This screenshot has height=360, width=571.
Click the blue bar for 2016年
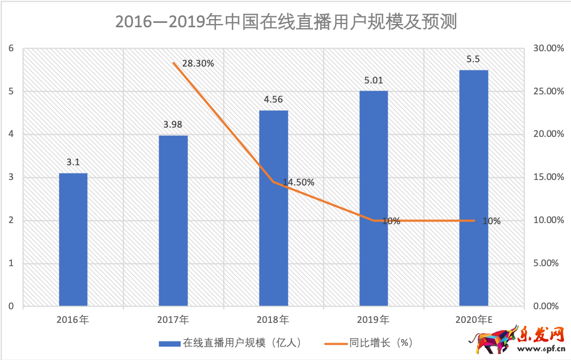(73, 240)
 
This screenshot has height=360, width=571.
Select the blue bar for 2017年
(173, 221)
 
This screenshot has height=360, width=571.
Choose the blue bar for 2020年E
(473, 188)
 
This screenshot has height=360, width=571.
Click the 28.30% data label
(198, 63)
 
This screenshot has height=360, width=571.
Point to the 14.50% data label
(298, 183)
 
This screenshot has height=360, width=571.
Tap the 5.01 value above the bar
(374, 81)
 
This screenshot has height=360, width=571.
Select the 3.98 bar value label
(173, 125)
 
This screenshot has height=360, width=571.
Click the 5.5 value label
(473, 59)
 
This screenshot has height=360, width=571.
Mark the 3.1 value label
(73, 162)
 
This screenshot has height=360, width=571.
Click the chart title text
(285, 22)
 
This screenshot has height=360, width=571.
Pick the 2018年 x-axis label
(273, 319)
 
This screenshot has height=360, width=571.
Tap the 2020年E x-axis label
(474, 319)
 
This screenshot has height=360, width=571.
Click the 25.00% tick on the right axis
(548, 91)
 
